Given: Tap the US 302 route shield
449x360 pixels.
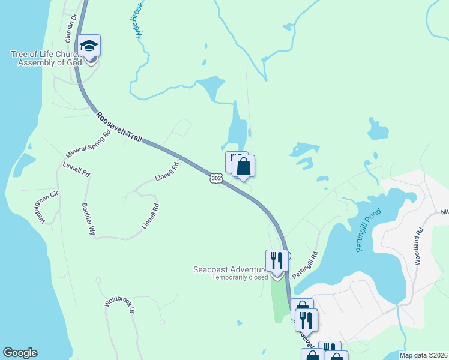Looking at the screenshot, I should [217, 178].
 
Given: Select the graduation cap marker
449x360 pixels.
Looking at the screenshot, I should [89, 46].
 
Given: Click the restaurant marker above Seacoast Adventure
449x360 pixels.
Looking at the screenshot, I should [277, 261].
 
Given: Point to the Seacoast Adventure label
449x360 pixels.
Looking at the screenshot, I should [229, 269].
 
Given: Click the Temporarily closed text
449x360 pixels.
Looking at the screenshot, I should [240, 278].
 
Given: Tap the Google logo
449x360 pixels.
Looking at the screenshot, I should [20, 353].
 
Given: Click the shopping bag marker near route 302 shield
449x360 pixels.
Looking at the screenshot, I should [243, 166].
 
